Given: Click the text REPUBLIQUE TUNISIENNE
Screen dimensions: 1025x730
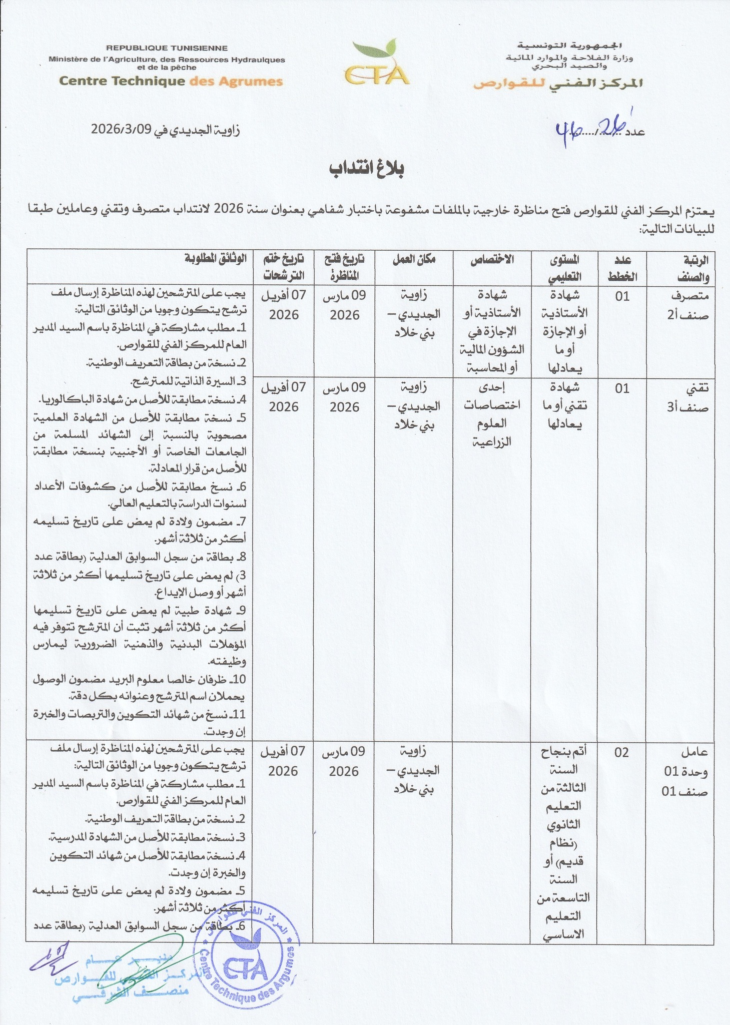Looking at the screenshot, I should click(x=167, y=49).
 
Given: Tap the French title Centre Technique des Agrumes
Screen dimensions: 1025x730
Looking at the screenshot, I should click(x=171, y=81).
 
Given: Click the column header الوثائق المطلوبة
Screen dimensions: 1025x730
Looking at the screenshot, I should click(x=215, y=259).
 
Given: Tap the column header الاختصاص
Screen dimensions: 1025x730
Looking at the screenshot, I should click(x=491, y=259).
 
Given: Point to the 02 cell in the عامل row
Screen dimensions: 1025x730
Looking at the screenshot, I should click(x=621, y=752).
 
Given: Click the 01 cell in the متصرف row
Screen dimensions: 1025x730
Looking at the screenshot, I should click(x=622, y=296).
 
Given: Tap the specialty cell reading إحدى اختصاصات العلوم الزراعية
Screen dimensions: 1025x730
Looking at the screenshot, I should click(x=491, y=415).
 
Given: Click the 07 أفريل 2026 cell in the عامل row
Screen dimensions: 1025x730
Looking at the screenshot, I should click(x=283, y=761).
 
